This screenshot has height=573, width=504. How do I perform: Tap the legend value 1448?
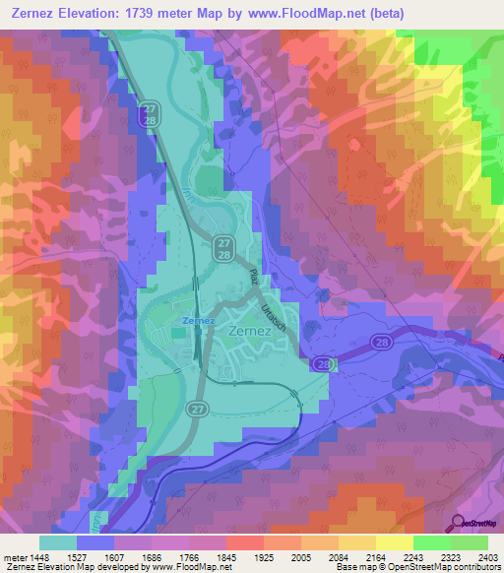[x=40, y=556]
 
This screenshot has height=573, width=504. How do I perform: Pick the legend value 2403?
[x=488, y=556]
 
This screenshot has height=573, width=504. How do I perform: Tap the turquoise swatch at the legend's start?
[x=58, y=542]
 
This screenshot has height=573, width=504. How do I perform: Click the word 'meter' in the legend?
[x=14, y=556]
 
